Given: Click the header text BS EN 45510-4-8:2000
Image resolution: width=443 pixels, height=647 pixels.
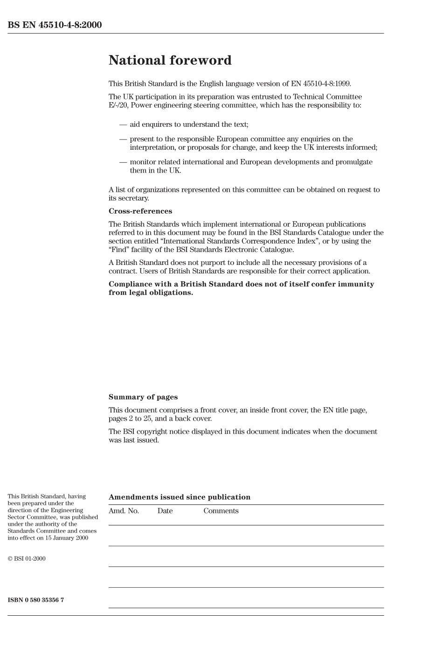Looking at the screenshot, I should tap(55, 25).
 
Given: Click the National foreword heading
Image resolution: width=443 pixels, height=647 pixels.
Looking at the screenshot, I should tap(170, 60).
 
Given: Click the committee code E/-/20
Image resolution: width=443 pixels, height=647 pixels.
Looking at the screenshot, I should tap(118, 105).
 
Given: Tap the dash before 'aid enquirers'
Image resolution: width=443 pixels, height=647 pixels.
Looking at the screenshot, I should tap(123, 125).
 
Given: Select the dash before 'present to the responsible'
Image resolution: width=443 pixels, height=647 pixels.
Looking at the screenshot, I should tap(123, 139).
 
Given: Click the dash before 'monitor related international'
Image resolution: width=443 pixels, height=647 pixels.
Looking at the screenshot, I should tap(123, 162).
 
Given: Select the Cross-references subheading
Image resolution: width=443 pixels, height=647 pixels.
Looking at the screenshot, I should tap(140, 211).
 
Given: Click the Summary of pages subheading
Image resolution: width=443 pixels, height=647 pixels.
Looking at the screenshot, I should tap(143, 397).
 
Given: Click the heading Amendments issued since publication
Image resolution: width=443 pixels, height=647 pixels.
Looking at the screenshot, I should tap(180, 497).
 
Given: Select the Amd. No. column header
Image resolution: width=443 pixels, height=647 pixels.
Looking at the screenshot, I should tap(124, 511).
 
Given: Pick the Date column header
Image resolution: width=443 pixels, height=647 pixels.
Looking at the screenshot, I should tap(165, 511).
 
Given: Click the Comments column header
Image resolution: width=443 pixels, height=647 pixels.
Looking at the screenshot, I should tap(221, 511).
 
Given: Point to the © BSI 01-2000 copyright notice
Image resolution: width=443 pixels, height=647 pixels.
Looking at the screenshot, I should tap(27, 559).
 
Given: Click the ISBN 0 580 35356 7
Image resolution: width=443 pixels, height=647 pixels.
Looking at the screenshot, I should tap(36, 600).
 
